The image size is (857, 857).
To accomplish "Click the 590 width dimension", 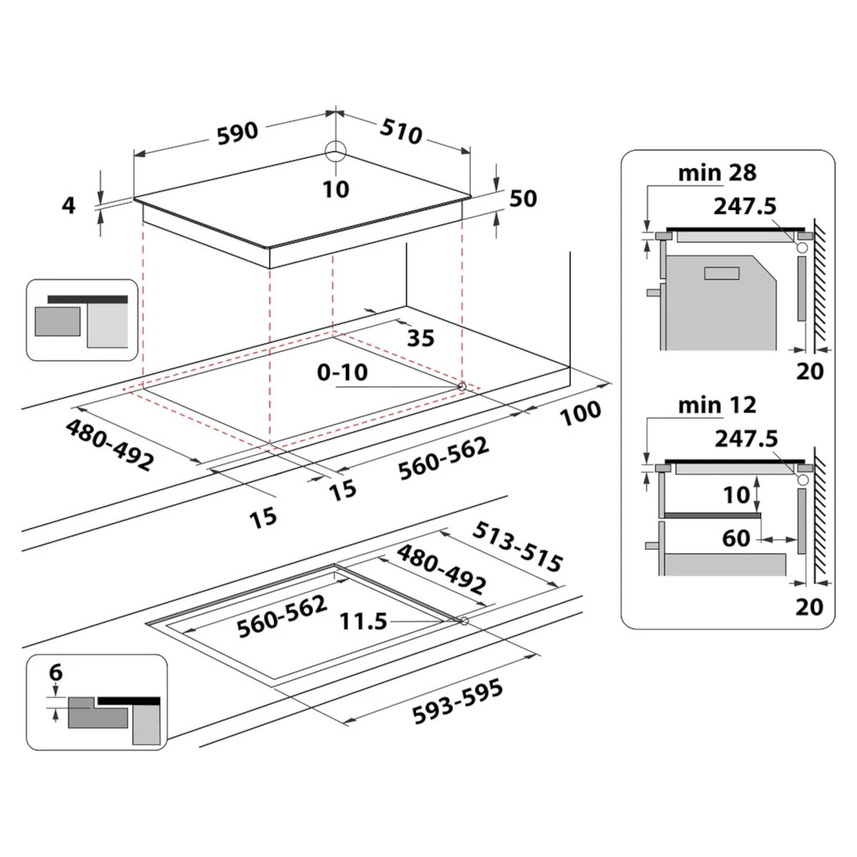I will coord(237,133).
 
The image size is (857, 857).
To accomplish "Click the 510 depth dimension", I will coord(401,131).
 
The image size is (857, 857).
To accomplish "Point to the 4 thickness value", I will coord(69,205).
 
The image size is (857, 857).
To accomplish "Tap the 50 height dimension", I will coord(523,199).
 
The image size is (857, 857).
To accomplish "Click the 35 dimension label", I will coord(420,338).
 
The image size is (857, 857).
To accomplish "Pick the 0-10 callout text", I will coord(342,372).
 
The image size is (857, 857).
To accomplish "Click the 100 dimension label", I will coord(581,413).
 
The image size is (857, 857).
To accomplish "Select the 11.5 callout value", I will coord(363,622).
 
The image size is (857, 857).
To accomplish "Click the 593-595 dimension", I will coord(457,702).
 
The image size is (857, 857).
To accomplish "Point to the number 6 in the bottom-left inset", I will coord(56,673).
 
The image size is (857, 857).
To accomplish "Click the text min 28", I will coord(717,173).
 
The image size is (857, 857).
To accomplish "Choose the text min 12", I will coord(717,405).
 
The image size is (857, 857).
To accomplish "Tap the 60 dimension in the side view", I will coord(736,538).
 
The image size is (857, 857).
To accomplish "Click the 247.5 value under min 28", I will coord(744,206).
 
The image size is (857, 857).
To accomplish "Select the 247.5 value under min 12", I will coord(746,438).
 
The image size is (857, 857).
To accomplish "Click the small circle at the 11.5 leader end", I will coord(464,621).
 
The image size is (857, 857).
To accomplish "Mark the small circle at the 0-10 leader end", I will coord(461,387).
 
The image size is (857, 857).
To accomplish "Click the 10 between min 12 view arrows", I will coord(737,495).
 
